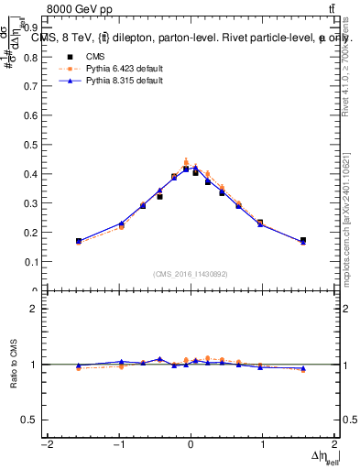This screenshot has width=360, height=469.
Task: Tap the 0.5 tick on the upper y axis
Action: (x=34, y=145)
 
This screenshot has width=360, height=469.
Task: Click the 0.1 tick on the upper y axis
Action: (x=34, y=262)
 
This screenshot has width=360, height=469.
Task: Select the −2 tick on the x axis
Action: (x=46, y=445)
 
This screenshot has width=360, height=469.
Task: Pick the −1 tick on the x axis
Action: (x=118, y=445)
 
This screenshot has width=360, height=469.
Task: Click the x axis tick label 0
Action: (x=191, y=445)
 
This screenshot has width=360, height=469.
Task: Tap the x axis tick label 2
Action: (x=335, y=445)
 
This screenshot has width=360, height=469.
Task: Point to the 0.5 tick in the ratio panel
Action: (x=34, y=420)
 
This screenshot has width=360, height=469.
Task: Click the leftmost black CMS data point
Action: (x=79, y=241)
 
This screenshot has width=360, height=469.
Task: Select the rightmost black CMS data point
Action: (x=303, y=240)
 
